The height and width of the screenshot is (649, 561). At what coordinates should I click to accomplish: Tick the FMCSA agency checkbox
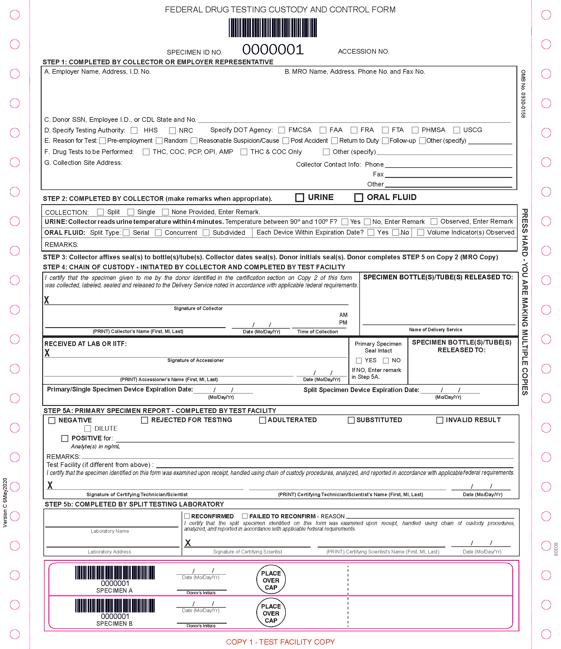282,130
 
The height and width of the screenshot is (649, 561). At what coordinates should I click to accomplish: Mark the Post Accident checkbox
286,141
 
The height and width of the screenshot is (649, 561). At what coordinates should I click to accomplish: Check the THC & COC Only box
244,152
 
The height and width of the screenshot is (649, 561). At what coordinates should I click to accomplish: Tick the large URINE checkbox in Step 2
299,198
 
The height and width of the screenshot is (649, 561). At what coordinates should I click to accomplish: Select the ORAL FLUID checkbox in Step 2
358,198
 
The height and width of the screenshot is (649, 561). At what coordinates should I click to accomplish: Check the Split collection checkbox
100,212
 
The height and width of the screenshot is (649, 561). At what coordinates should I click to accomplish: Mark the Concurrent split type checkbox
158,233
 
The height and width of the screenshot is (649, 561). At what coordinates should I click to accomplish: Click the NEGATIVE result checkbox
52,420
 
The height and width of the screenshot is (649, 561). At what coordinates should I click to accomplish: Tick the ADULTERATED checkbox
262,420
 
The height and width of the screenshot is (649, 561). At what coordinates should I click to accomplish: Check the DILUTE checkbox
88,429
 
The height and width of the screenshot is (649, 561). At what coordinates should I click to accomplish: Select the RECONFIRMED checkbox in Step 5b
187,516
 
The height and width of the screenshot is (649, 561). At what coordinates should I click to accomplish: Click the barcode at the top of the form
273,28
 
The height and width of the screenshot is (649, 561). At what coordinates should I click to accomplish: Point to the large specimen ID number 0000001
273,50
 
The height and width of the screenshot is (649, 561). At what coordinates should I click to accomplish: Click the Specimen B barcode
115,605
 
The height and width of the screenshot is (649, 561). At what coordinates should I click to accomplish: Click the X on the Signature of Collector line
47,300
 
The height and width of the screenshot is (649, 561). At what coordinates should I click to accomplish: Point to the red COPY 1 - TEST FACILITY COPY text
280,642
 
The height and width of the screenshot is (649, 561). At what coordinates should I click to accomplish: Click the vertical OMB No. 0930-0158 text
523,94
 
